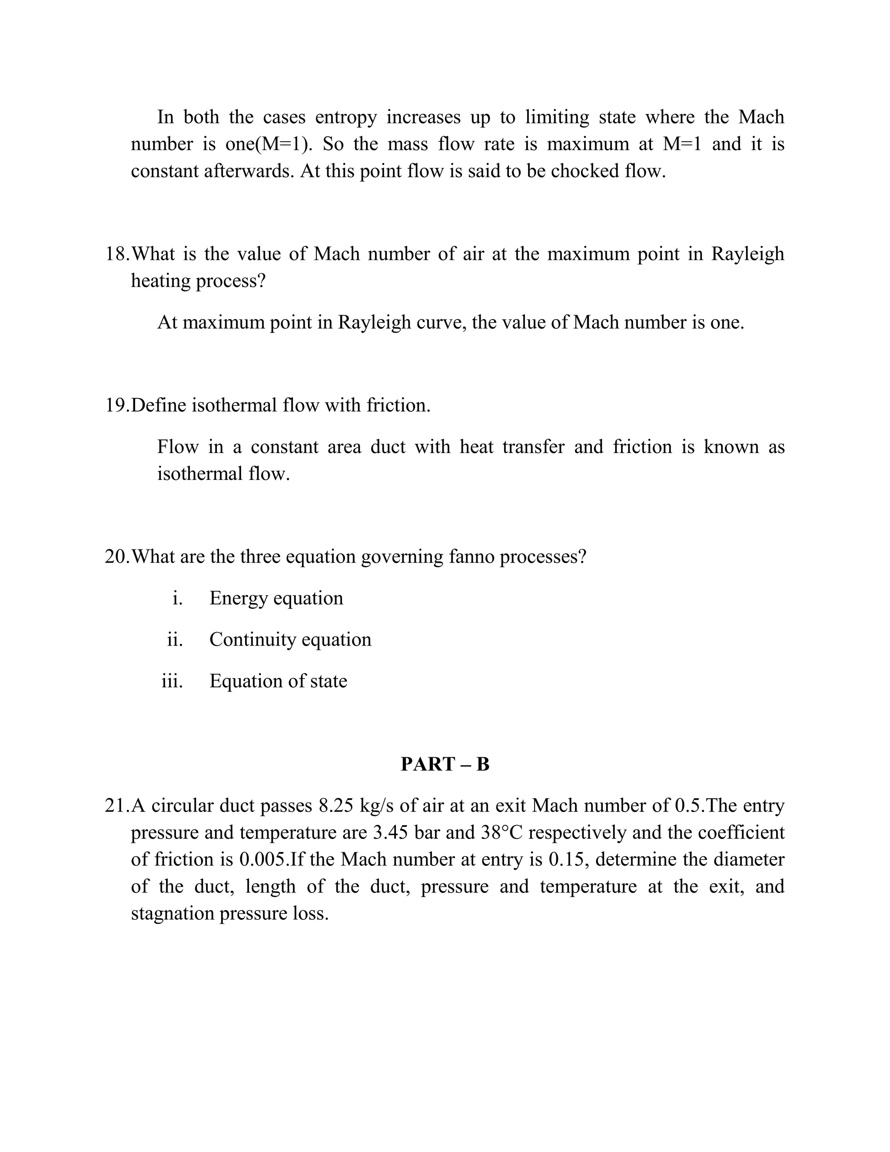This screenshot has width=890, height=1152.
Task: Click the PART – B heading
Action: point(445,764)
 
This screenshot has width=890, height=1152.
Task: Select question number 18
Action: point(116,254)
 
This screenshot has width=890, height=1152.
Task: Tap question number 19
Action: point(116,405)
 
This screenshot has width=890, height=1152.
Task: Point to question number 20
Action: point(116,556)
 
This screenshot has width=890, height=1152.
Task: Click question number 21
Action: point(116,806)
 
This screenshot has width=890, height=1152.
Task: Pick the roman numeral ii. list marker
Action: point(175,639)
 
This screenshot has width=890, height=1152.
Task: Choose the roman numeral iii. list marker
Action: point(173,681)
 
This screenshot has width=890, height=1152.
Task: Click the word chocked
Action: point(585,171)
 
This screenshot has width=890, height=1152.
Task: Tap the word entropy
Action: point(346,117)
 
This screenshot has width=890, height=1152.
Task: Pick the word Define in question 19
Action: point(158,405)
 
